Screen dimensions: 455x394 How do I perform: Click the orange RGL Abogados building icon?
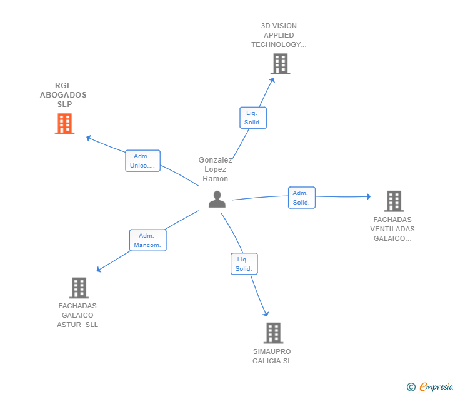65,124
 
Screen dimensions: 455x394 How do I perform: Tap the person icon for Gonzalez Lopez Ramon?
217,199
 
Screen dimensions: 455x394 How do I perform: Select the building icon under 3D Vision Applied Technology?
281,64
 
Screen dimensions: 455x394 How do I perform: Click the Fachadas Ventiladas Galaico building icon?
394,201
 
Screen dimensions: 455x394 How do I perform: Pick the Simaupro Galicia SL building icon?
273,333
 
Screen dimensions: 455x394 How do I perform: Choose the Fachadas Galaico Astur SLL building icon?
79,288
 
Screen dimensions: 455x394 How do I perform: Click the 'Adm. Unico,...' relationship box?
142,161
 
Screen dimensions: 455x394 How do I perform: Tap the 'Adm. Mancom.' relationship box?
148,240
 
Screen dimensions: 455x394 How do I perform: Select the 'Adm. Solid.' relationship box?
302,198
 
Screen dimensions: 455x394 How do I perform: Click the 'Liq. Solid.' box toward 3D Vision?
253,118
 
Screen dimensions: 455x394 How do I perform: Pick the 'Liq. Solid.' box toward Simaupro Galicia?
244,264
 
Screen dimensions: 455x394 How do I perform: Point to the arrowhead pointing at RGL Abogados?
88,138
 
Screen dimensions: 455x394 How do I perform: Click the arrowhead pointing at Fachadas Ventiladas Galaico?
369,196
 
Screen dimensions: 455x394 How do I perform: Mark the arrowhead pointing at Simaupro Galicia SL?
266,314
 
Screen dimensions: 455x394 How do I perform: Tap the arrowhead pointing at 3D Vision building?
272,80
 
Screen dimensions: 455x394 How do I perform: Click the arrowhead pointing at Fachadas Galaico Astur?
98,270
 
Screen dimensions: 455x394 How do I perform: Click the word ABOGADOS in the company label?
63,95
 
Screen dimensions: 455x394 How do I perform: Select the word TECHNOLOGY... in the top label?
279,44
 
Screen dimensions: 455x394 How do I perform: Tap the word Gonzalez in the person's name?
215,160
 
